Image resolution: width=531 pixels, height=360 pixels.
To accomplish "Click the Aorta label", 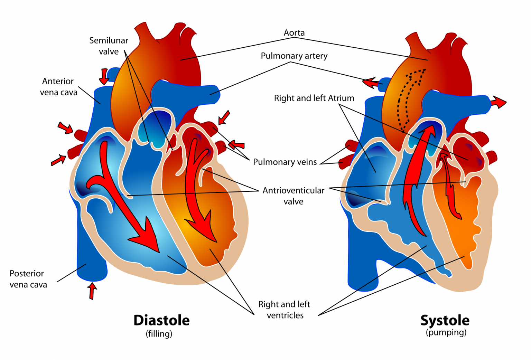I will point(294,33).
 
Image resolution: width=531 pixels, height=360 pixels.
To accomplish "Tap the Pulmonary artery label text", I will point(294,56).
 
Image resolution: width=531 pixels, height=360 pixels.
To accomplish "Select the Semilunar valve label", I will point(109,46).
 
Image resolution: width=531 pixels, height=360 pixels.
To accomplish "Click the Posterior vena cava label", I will point(28,279).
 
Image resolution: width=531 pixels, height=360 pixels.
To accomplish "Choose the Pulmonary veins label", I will point(285,162).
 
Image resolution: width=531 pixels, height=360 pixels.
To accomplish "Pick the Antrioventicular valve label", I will point(294,196).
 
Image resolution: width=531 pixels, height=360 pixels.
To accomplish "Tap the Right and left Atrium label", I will point(314,98).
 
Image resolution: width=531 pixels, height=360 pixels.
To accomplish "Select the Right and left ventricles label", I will point(284,310).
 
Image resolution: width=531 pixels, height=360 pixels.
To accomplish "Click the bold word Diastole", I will point(161,321).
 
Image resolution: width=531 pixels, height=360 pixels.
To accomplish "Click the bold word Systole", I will point(445,321).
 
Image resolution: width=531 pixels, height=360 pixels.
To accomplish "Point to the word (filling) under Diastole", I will point(159,334).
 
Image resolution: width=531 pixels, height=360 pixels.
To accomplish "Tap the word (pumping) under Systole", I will point(446,333).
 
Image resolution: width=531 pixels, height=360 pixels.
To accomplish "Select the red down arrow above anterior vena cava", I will point(104,76).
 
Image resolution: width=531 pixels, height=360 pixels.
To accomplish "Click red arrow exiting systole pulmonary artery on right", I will point(498,102).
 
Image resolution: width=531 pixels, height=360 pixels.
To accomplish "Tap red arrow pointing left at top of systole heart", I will point(372,83).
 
